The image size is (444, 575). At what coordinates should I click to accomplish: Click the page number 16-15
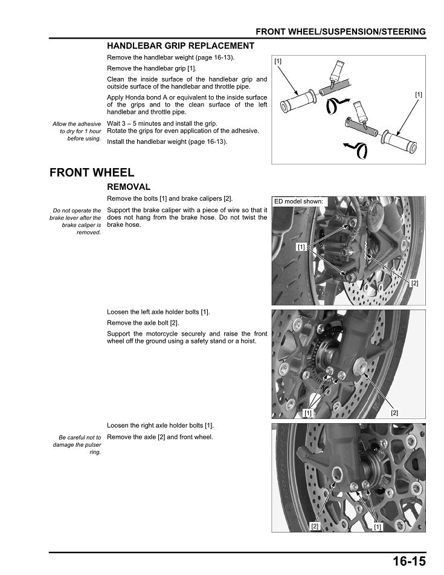point(409,562)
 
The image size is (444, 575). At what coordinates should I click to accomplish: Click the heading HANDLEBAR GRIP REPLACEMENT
point(181,46)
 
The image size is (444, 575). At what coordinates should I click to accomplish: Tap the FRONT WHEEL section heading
point(92,173)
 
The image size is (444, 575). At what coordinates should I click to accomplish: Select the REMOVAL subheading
point(129,187)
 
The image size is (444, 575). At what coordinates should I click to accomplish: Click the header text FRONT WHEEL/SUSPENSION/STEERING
point(341,31)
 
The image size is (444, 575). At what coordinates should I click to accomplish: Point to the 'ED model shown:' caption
point(299,201)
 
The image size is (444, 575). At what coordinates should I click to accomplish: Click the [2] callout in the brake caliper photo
point(414,283)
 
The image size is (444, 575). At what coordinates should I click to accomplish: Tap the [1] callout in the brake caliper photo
point(300,247)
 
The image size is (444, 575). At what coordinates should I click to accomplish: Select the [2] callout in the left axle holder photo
point(394,412)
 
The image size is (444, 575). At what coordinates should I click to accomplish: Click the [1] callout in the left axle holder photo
point(308,412)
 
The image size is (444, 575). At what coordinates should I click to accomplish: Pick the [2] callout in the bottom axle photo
point(315,526)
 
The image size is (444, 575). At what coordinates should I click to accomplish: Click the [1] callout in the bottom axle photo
point(378,526)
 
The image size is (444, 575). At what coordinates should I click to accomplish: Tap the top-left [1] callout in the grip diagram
point(278,62)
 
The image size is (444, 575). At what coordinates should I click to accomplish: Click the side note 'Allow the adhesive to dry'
point(77,131)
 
